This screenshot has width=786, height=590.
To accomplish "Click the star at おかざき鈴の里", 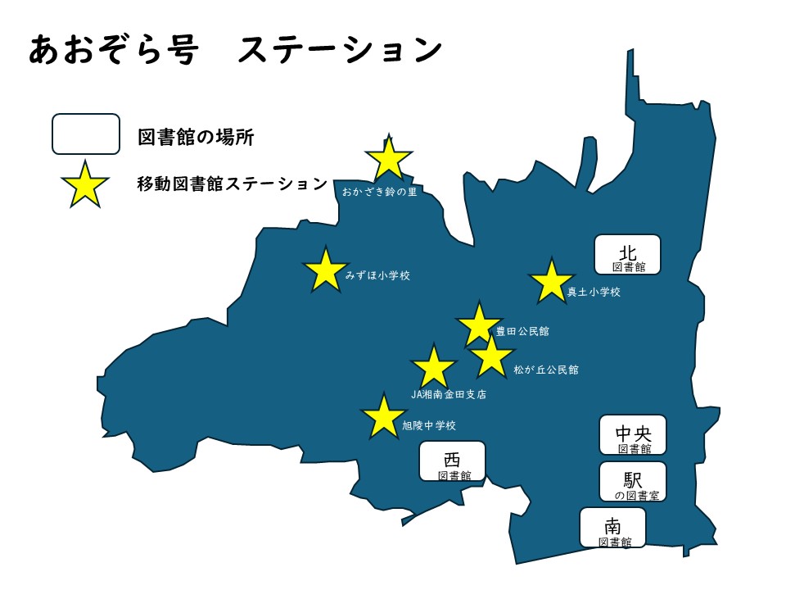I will [389, 159].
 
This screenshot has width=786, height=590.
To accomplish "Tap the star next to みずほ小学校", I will [326, 270].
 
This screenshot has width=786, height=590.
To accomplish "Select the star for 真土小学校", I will [551, 282].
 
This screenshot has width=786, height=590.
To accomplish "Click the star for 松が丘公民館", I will [491, 356].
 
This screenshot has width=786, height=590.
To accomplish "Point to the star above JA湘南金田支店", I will [433, 368].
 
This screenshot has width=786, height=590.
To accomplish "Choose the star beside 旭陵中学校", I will [383, 417].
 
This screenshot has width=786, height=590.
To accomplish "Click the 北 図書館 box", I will [627, 255].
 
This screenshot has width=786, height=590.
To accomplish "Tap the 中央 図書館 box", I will [633, 435].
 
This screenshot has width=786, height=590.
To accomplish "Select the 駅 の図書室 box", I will [633, 482].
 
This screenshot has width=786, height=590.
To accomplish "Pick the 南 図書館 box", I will [613, 528].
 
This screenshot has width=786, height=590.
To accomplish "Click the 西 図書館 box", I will [452, 462].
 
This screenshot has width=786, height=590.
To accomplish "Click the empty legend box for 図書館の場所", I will [86, 134].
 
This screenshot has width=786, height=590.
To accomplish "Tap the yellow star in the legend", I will [84, 184].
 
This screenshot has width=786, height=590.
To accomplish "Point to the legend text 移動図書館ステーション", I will [233, 184].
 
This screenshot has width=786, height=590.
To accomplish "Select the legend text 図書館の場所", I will [196, 137].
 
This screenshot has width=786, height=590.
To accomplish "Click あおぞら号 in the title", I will [114, 50].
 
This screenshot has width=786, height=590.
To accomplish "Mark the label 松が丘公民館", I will [546, 370].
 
